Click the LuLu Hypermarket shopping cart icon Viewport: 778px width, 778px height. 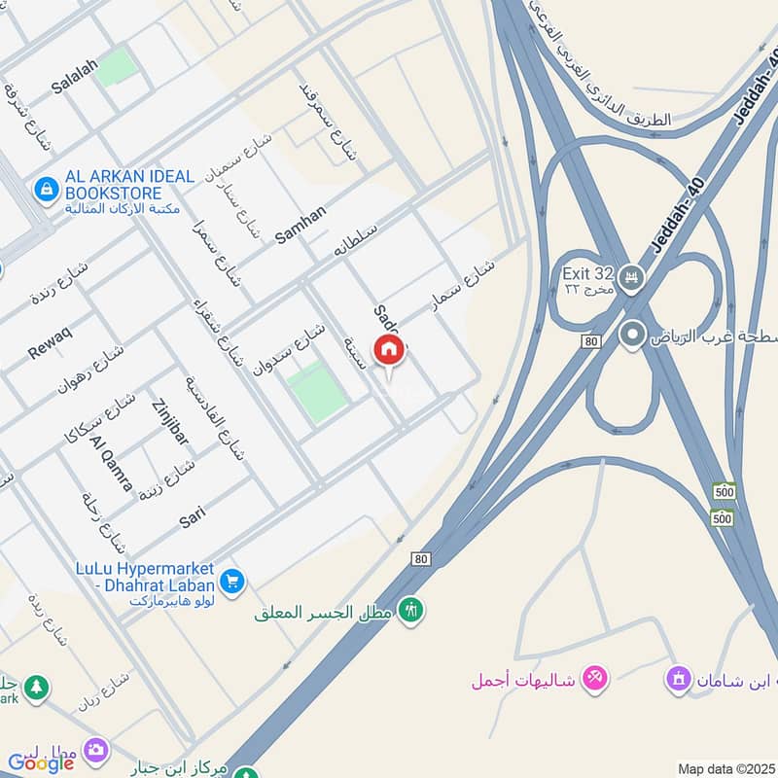coord(231,582)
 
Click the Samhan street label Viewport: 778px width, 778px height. coord(301,224)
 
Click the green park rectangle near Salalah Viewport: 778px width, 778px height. coord(117,66)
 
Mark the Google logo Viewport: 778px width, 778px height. coord(41,763)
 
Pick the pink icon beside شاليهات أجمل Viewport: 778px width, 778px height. coord(595,678)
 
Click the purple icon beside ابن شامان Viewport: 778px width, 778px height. coord(678,678)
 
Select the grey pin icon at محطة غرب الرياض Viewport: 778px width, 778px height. coord(632,336)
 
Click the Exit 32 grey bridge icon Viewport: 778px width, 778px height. coord(633,277)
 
